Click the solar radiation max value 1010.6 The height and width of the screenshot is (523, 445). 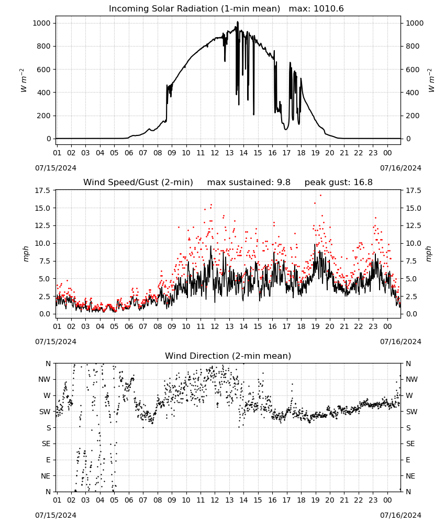tap(328, 9)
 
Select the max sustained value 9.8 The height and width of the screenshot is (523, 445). tap(284, 183)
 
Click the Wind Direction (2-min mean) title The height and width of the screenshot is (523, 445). tap(228, 356)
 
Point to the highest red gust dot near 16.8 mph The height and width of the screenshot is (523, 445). tap(320, 195)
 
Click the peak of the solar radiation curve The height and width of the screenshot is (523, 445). tap(238, 21)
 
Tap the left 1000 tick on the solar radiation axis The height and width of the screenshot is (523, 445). tap(41, 23)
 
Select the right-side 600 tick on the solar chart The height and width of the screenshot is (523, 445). tap(413, 70)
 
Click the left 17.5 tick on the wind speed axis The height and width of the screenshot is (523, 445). tap(43, 190)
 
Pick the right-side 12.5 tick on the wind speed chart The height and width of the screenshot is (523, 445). tap(413, 226)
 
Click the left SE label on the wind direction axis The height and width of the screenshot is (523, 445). tap(46, 444)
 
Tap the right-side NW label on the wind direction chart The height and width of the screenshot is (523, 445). tap(411, 379)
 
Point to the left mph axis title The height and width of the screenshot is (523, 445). tap(26, 254)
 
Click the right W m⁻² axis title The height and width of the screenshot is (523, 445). tap(431, 80)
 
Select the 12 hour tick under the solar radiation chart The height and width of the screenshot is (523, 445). tap(215, 153)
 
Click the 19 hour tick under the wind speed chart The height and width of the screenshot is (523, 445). tap(315, 326)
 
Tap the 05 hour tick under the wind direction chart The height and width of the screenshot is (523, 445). tap(114, 500)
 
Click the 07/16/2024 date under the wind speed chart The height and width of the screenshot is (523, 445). tap(400, 342)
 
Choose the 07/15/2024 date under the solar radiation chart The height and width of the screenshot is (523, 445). tap(55, 168)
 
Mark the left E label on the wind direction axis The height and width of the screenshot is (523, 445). tap(48, 460)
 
